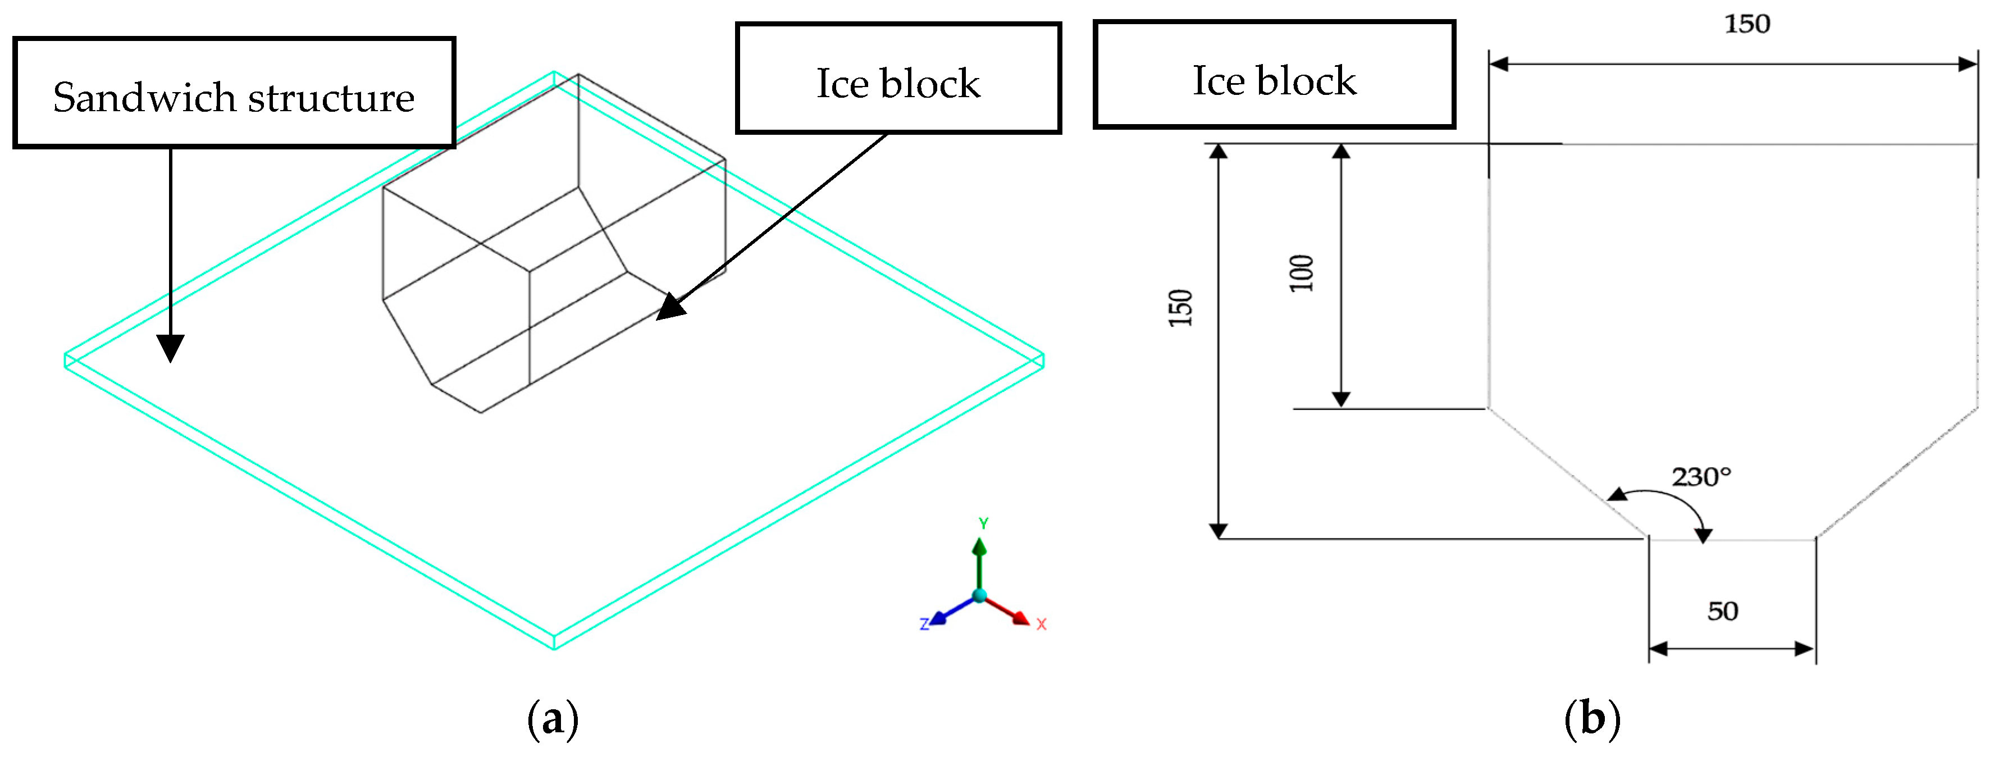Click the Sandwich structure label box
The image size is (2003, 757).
[x=233, y=93]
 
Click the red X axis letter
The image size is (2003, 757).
[x=1041, y=624]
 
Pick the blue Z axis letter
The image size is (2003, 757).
[x=924, y=624]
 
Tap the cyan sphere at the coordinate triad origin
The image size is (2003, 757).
[x=980, y=596]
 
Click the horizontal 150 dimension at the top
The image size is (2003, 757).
[x=1747, y=24]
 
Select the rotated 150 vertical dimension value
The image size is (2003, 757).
[x=1180, y=308]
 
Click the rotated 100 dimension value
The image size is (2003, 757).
[x=1301, y=273]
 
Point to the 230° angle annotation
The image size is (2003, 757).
[x=1701, y=476]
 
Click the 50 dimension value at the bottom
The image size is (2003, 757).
[x=1722, y=612]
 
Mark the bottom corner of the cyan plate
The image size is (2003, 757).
[x=554, y=646]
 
